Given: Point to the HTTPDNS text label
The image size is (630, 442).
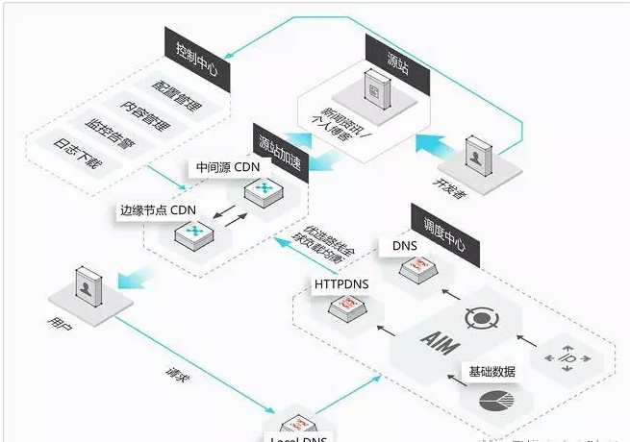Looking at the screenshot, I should click(x=340, y=284).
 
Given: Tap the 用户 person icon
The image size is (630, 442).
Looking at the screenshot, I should click(x=86, y=286).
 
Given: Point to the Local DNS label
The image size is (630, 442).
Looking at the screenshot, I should click(x=293, y=437).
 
